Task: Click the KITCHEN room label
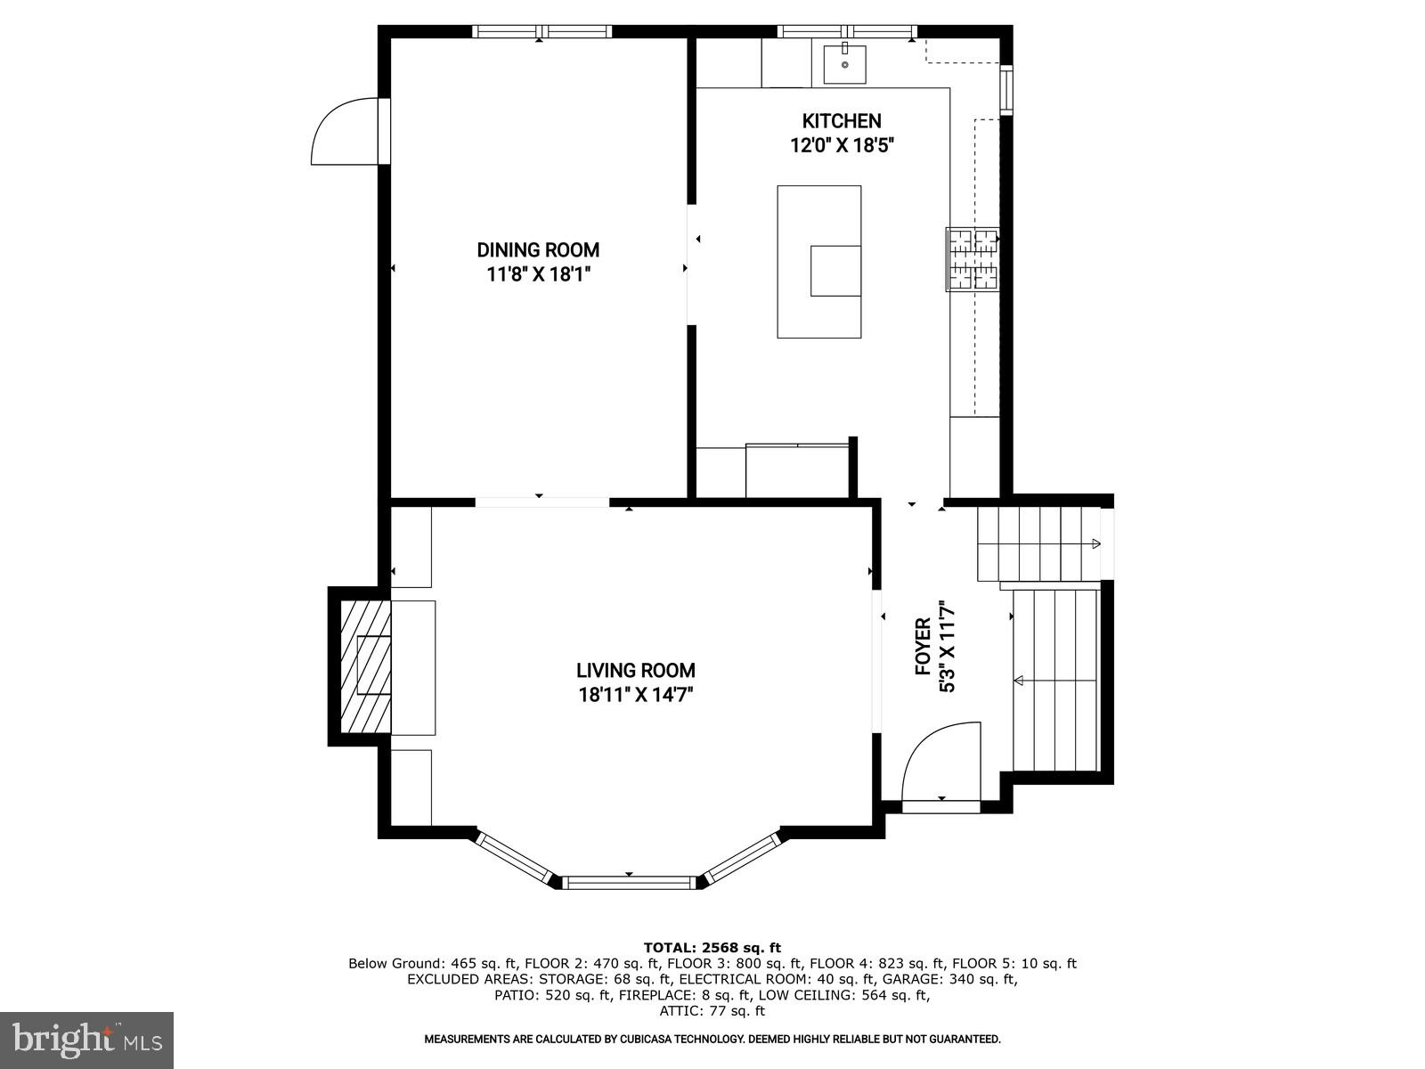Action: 841,121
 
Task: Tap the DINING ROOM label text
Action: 538,250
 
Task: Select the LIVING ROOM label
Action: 635,671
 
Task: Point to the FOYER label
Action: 924,647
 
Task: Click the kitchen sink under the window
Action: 844,64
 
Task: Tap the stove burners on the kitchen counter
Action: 973,259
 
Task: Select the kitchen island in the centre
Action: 818,261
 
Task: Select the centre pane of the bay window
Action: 630,883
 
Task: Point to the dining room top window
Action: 541,32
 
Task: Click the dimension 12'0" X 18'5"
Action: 841,145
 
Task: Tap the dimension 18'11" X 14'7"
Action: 635,695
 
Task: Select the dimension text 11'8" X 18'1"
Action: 538,274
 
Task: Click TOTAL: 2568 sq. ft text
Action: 712,948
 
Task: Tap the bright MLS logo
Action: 86,1040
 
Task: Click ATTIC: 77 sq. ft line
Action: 712,1011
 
